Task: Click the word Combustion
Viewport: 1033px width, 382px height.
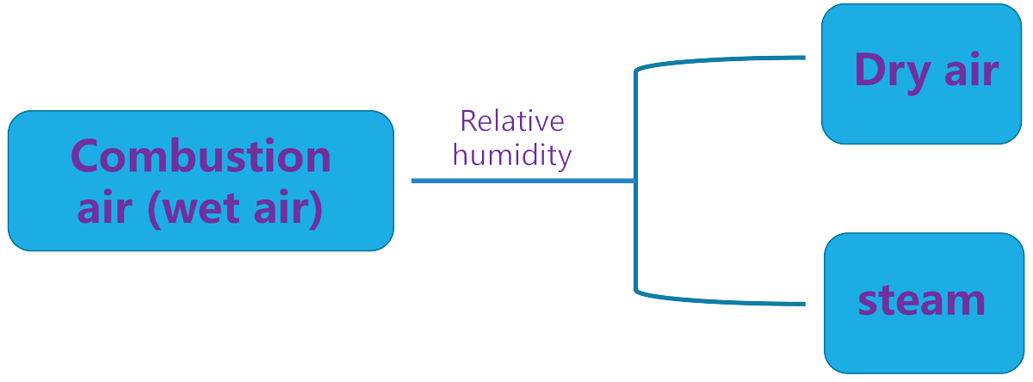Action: (201, 157)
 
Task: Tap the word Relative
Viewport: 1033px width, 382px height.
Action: (512, 121)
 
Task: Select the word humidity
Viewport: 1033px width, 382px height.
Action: (512, 155)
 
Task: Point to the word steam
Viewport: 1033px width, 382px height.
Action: (921, 300)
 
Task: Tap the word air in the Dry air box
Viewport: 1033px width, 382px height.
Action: (971, 71)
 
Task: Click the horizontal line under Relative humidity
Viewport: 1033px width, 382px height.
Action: (516, 181)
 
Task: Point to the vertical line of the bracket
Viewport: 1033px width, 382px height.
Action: (635, 232)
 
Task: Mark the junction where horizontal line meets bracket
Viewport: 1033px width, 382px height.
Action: (635, 181)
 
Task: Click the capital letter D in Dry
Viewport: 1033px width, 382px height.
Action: (869, 71)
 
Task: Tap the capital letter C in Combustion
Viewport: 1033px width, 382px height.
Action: (86, 157)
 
